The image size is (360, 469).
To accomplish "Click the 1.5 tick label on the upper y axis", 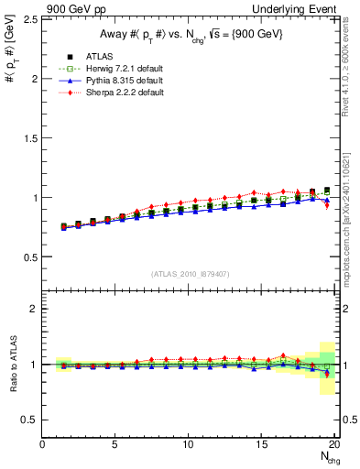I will coord(29,138).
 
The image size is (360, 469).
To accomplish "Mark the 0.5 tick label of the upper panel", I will coord(29,257).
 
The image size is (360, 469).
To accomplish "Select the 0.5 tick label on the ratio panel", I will coord(29,420).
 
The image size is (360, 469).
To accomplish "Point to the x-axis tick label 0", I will coord(42,444).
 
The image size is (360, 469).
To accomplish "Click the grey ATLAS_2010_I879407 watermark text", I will coord(190,273).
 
